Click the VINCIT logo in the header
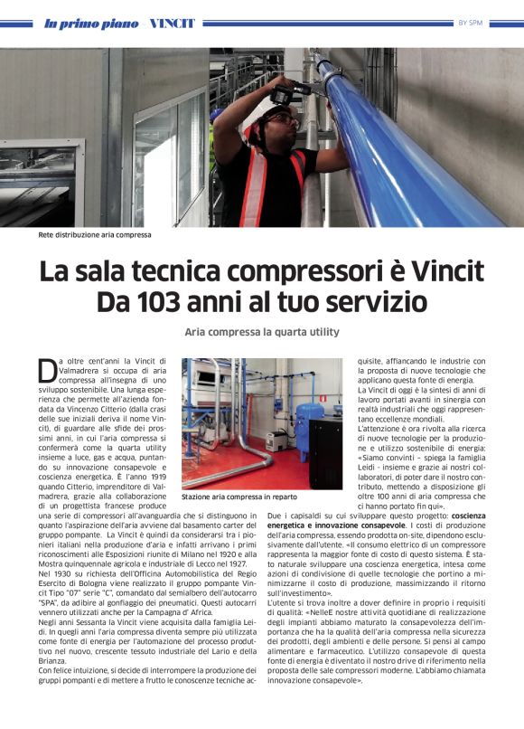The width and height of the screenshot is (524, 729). click(x=171, y=23)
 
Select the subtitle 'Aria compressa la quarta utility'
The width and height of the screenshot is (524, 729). click(x=261, y=331)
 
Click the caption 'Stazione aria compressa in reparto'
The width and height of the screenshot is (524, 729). click(x=239, y=497)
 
